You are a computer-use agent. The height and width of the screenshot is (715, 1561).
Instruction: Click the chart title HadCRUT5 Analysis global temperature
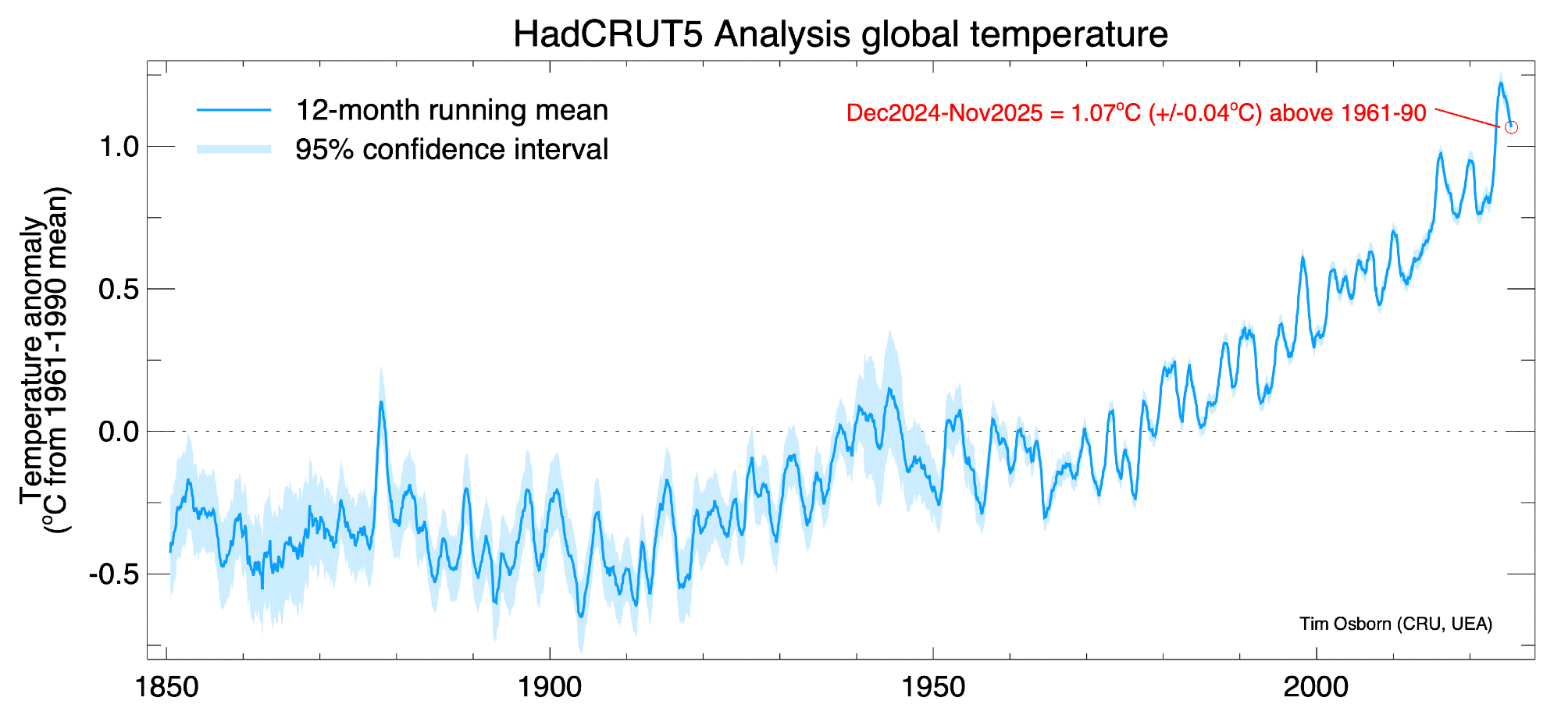(839, 34)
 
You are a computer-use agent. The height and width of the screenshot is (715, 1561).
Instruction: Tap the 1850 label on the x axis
(167, 688)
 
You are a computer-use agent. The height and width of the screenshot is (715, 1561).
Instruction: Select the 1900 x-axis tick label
(550, 688)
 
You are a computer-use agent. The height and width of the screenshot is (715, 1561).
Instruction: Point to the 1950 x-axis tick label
(933, 688)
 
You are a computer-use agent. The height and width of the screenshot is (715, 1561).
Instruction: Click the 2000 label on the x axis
(1317, 688)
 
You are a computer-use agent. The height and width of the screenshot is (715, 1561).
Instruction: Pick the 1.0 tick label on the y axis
(119, 147)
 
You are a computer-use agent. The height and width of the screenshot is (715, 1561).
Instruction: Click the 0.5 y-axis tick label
(119, 290)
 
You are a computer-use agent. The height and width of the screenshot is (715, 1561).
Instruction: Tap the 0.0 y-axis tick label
(119, 432)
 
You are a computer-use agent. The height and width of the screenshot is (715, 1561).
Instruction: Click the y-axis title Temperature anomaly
(33, 361)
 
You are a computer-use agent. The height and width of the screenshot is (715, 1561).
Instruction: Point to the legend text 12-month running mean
(451, 110)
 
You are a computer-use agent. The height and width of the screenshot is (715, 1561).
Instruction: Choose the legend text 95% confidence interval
(451, 149)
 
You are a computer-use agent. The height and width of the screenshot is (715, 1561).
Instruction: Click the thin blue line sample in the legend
(233, 110)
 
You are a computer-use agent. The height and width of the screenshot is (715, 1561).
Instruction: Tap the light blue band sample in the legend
(233, 149)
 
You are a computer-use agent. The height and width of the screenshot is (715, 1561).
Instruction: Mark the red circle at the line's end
(1511, 126)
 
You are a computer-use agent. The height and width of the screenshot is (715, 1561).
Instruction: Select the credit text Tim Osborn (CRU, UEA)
(1395, 624)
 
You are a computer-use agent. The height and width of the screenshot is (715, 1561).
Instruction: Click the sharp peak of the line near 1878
(381, 402)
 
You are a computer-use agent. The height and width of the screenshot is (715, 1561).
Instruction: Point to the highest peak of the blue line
(1500, 83)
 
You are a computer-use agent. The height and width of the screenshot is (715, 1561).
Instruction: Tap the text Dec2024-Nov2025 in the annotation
(944, 113)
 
